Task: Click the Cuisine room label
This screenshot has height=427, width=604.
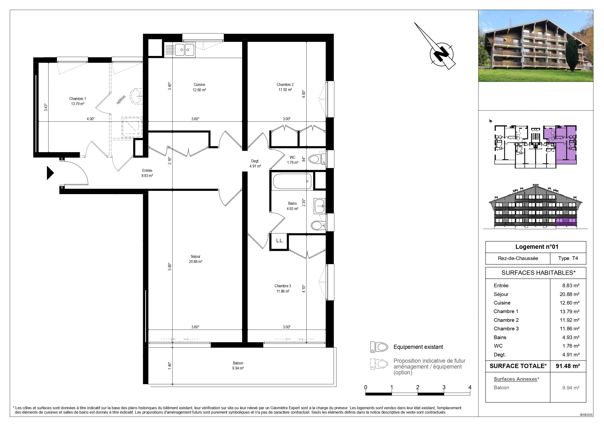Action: (x=199, y=84)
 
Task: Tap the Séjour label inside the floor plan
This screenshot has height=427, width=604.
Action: (x=195, y=257)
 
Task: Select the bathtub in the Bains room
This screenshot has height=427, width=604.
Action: (x=292, y=181)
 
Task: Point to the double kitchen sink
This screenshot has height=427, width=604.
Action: (x=185, y=50)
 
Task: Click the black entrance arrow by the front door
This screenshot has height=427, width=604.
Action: (x=50, y=173)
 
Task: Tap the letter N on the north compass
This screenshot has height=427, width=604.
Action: (x=442, y=54)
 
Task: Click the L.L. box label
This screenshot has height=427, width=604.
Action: (x=279, y=241)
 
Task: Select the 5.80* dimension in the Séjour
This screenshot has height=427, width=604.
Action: (x=170, y=267)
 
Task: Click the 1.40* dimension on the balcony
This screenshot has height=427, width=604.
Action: (x=170, y=366)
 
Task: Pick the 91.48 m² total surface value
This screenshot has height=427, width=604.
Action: (x=568, y=366)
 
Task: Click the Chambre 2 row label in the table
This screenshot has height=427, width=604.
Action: (x=506, y=320)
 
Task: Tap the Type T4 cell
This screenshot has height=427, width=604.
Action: (x=568, y=258)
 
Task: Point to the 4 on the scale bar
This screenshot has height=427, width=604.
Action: (x=470, y=387)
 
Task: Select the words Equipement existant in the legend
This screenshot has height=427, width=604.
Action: (x=418, y=347)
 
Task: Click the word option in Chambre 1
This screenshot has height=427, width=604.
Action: (x=121, y=100)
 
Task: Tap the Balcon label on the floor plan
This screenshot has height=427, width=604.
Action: (x=238, y=363)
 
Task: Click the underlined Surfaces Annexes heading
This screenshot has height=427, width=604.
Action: (x=515, y=379)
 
